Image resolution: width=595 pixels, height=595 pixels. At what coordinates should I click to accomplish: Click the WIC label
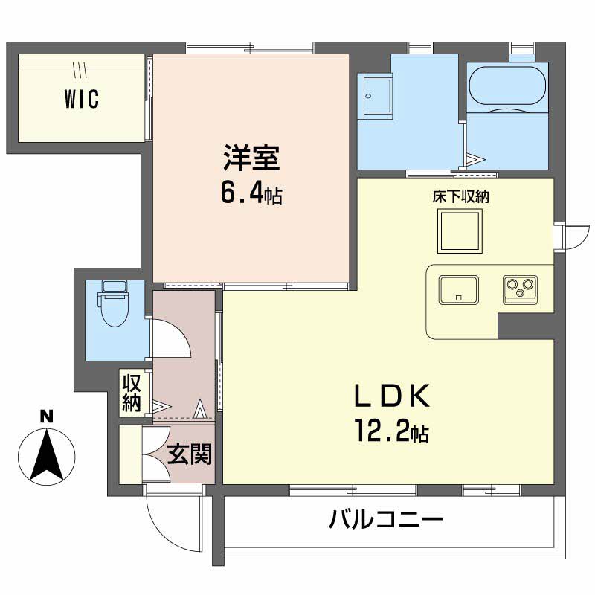[82, 99]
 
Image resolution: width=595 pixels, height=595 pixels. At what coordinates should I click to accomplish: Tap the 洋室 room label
[251, 158]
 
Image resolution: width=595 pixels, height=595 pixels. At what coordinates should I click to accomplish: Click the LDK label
[392, 396]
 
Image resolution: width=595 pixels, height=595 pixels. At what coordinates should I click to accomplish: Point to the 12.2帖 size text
[392, 431]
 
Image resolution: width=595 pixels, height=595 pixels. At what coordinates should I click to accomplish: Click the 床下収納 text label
[460, 196]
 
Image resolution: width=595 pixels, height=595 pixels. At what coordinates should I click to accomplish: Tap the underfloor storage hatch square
[460, 231]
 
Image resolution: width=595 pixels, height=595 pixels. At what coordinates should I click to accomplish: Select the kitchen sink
[458, 289]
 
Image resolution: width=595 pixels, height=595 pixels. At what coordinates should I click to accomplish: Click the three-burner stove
[520, 289]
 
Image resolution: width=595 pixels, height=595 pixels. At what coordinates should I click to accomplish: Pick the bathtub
[507, 86]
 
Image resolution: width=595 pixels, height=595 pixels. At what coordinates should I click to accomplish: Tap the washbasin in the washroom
[377, 96]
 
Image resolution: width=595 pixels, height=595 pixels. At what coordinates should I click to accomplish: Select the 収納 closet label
[132, 393]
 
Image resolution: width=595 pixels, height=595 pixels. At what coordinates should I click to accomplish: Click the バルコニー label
[385, 518]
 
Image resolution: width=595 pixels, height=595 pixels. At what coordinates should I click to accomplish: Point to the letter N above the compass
[47, 416]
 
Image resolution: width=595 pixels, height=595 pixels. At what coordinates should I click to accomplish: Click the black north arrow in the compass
[47, 455]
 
